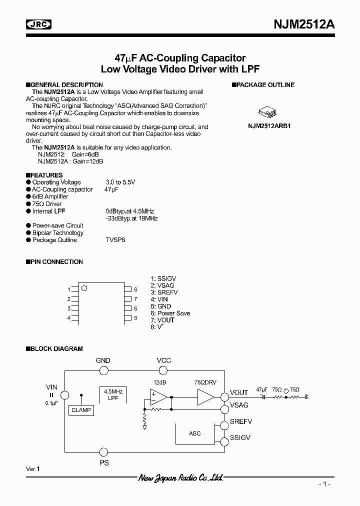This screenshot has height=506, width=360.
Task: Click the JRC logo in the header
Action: pyautogui.click(x=39, y=24)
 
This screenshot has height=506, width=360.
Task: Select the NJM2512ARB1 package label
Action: pyautogui.click(x=269, y=126)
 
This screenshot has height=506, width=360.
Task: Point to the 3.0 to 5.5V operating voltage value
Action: pyautogui.click(x=120, y=182)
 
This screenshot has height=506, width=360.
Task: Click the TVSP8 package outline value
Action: pyautogui.click(x=115, y=240)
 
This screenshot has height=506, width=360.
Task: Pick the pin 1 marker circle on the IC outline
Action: pyautogui.click(x=84, y=288)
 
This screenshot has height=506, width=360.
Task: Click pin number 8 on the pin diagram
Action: pyautogui.click(x=135, y=289)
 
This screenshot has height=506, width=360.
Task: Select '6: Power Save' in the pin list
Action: pyautogui.click(x=170, y=313)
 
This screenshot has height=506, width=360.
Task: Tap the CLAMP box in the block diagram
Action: pyautogui.click(x=81, y=410)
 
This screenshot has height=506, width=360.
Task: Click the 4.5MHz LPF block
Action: pyautogui.click(x=113, y=394)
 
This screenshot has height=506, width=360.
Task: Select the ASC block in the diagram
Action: pyautogui.click(x=195, y=433)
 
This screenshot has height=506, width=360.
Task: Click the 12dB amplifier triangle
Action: pyautogui.click(x=159, y=397)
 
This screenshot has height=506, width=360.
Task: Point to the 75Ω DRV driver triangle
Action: pyautogui.click(x=205, y=397)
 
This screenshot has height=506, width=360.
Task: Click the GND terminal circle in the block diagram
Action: pyautogui.click(x=103, y=370)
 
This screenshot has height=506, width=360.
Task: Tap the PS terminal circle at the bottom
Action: pyautogui.click(x=103, y=451)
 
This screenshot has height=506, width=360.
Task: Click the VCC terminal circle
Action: pyautogui.click(x=163, y=370)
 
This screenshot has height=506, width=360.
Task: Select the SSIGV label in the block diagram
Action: pyautogui.click(x=240, y=437)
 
